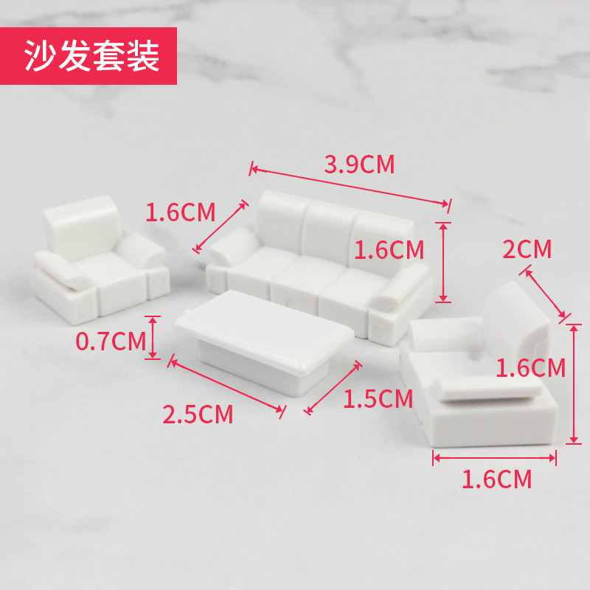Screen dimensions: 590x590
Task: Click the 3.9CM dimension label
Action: [x=359, y=164]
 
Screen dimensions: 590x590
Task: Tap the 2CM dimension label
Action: [x=527, y=249]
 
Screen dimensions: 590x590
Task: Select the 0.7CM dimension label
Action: [x=110, y=341]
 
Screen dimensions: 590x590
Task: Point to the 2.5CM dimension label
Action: [x=198, y=414]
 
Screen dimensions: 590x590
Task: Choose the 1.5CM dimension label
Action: [x=378, y=399]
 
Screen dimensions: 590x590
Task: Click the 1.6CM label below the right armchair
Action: [x=496, y=479]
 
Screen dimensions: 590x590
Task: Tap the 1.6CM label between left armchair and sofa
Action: [x=180, y=213]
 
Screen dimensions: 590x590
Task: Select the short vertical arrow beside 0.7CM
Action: [x=153, y=338]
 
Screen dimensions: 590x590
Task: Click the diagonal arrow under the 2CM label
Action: [x=546, y=295]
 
